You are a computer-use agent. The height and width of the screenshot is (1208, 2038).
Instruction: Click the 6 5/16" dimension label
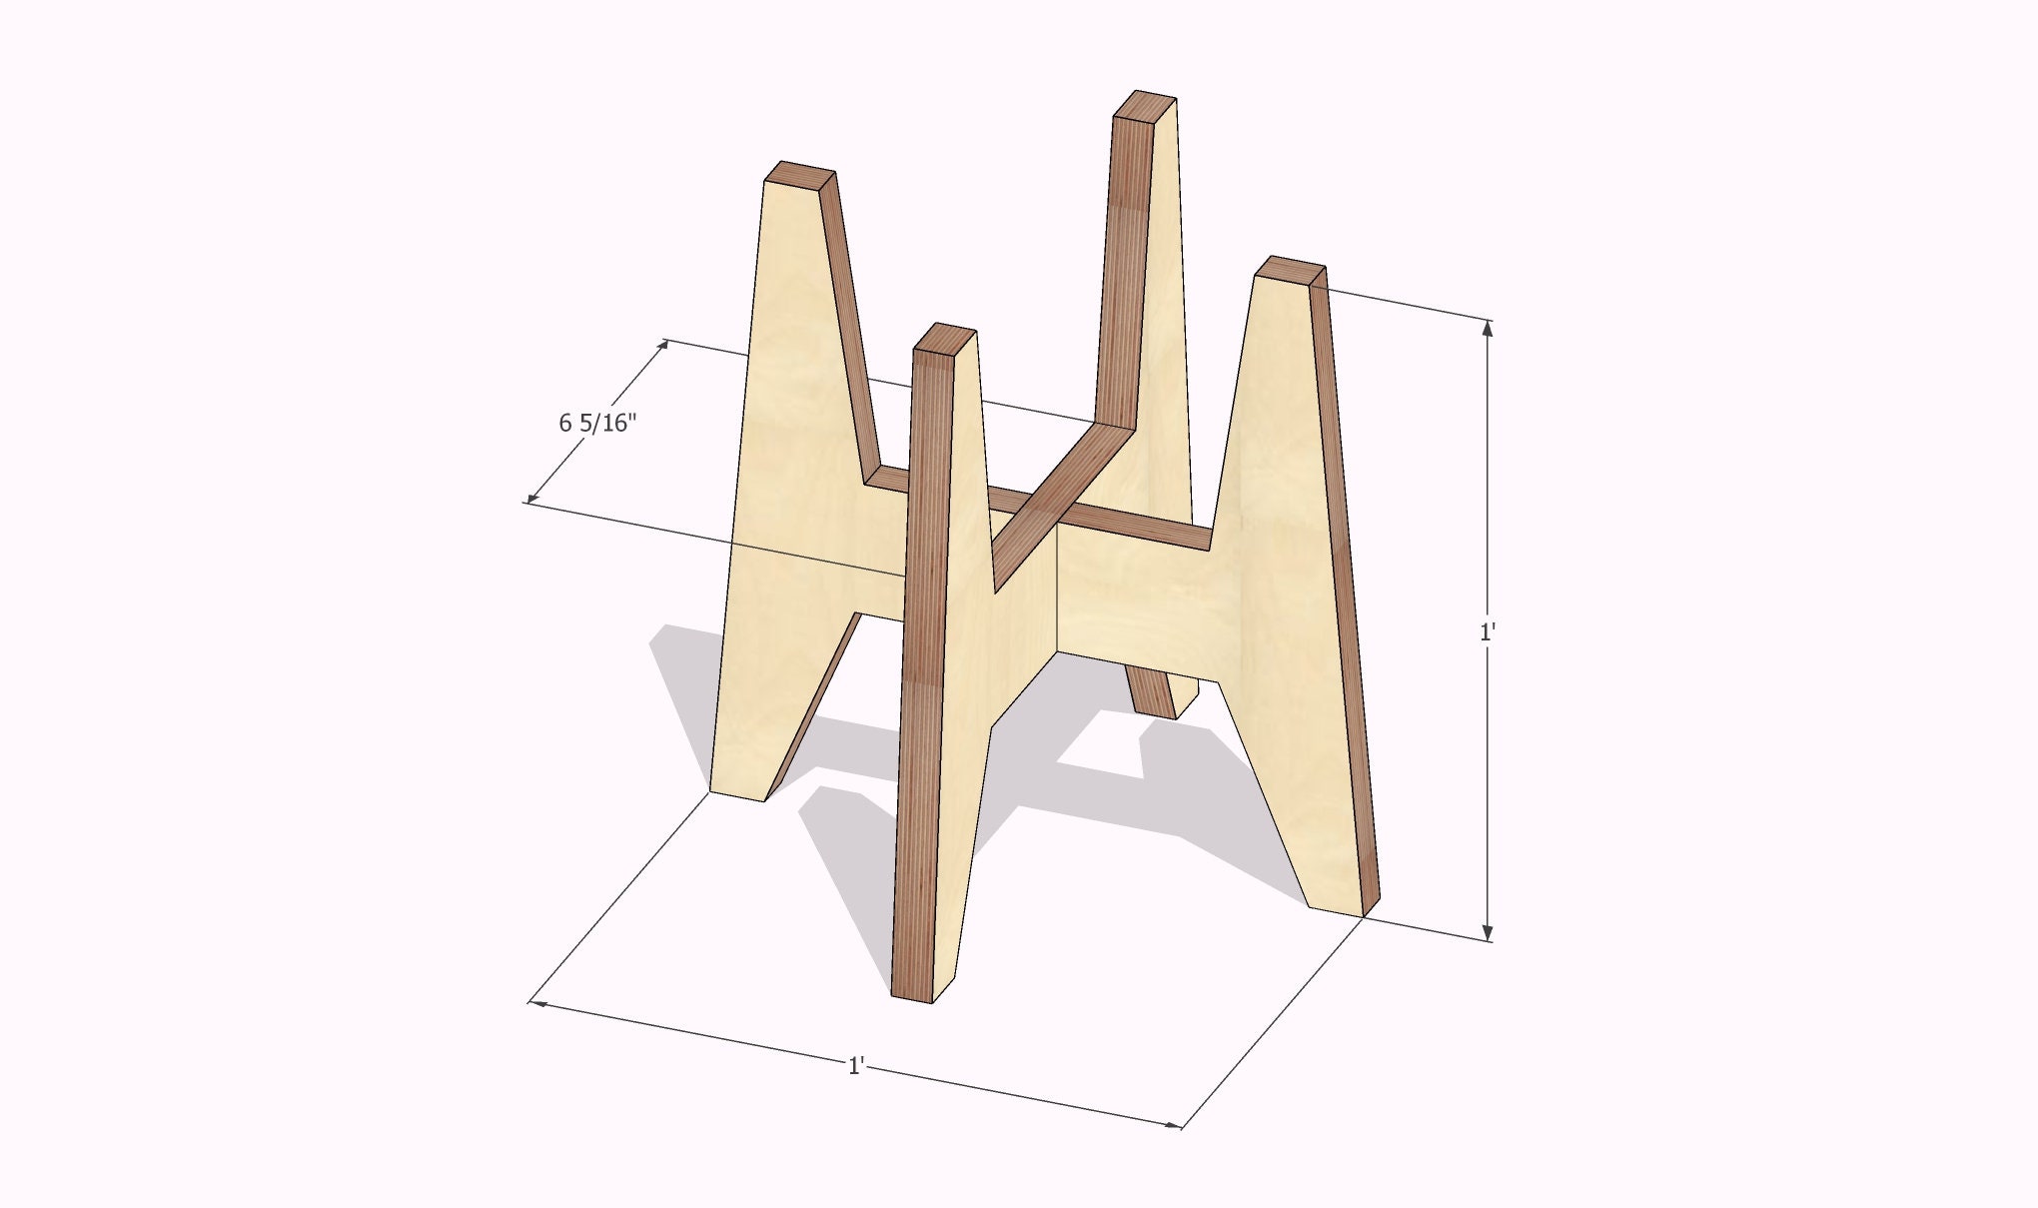tap(597, 424)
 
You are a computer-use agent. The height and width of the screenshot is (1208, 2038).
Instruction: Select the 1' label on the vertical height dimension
tap(1487, 632)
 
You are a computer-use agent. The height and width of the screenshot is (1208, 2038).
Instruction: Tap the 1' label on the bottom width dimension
tap(855, 1066)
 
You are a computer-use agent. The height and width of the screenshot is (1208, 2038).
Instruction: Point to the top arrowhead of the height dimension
tap(1488, 328)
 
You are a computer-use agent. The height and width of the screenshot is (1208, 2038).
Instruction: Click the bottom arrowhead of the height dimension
tap(1488, 933)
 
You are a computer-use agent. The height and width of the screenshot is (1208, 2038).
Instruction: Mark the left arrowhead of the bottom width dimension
tap(536, 1002)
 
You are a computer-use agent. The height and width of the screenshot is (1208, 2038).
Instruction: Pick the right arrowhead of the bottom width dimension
tap(1174, 1125)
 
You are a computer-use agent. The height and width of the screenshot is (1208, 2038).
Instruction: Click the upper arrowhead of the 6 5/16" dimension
tap(662, 346)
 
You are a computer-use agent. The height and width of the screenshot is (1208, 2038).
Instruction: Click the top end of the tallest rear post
tap(1145, 104)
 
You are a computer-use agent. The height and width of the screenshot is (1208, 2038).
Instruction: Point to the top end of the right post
tap(1291, 268)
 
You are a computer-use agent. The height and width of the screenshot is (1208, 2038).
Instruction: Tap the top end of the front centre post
tap(945, 337)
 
